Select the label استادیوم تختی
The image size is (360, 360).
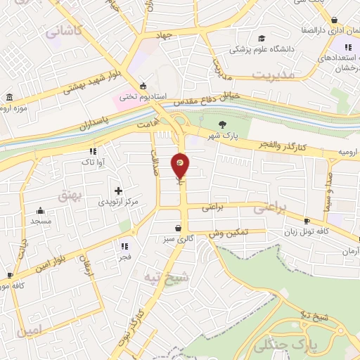[133, 95]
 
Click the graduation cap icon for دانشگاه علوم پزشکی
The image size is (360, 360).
[262, 38]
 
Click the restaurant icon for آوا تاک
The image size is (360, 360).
[93, 151]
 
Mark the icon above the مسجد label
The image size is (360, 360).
[41, 210]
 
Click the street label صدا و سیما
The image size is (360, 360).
[328, 191]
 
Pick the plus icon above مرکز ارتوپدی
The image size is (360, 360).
[118, 191]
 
